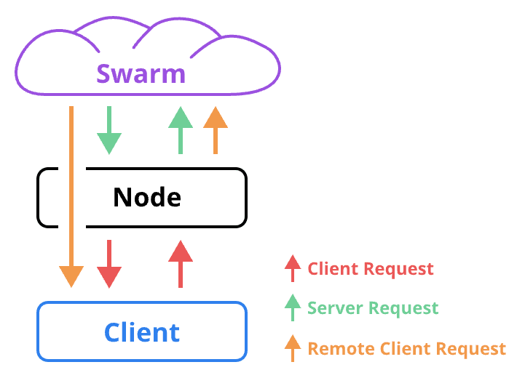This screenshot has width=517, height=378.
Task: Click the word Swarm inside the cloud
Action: (141, 73)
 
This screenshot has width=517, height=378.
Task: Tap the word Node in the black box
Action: (146, 197)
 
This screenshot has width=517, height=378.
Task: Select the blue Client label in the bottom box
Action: (141, 332)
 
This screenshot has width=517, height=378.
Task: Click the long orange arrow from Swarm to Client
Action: (71, 189)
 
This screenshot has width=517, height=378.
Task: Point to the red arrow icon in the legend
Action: (293, 268)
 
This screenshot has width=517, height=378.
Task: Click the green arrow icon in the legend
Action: (293, 307)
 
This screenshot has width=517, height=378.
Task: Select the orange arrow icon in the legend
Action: (293, 347)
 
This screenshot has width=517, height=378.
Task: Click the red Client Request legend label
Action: (371, 269)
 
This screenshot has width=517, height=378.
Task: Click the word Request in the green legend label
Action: (403, 308)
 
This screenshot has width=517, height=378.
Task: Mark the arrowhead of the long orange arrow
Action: (71, 276)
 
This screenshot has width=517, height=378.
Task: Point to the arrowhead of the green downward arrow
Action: (109, 142)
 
